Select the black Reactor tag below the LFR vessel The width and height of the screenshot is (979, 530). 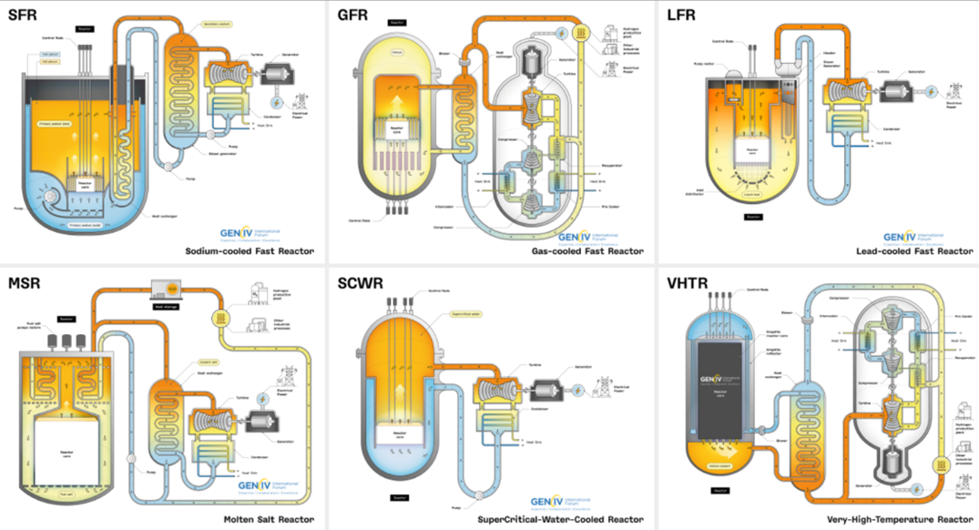752,216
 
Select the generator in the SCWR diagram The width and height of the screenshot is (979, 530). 549,389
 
